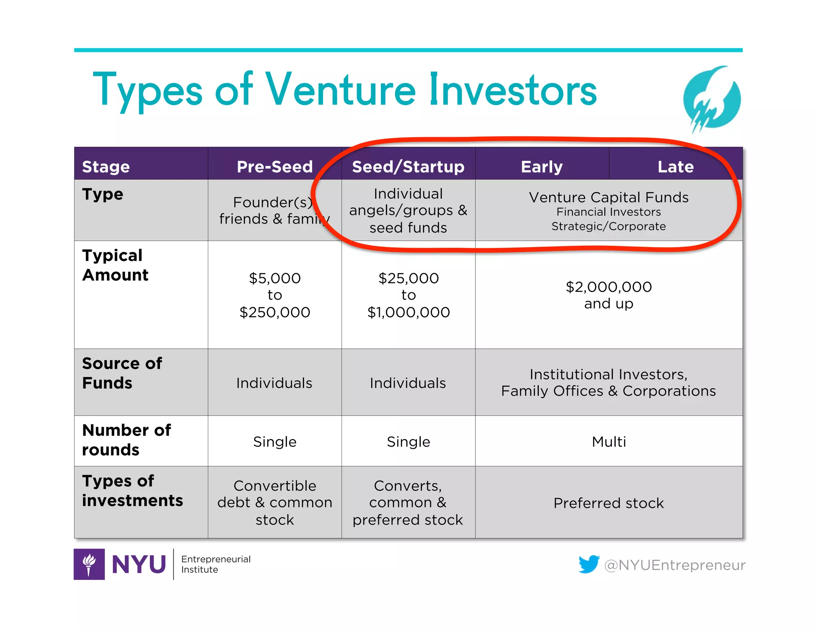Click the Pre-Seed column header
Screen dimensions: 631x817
[274, 167]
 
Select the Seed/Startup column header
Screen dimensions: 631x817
[408, 167]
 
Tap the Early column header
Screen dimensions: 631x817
[542, 167]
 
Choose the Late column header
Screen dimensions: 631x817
[675, 167]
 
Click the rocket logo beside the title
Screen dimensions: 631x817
[711, 99]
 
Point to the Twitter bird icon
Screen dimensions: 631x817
[588, 564]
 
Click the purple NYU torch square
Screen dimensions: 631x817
[89, 564]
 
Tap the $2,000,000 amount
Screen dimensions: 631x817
[609, 287]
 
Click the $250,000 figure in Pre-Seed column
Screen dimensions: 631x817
[274, 312]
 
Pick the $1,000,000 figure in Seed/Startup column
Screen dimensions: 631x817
[408, 312]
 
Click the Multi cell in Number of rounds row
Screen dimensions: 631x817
[609, 442]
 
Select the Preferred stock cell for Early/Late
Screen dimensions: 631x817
[609, 503]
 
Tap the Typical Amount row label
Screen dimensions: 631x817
[115, 265]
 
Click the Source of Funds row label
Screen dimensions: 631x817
[122, 373]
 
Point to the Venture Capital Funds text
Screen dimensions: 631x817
[609, 197]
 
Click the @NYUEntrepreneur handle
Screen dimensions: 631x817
[675, 565]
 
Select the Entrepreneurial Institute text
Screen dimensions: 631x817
[216, 564]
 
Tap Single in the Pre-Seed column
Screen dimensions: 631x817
[274, 442]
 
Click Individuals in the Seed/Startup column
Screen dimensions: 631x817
[408, 383]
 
